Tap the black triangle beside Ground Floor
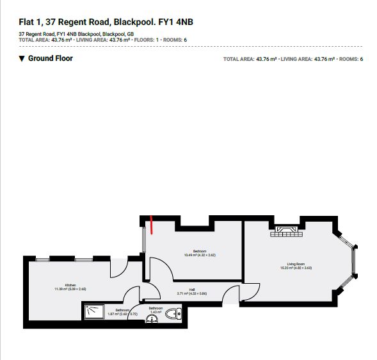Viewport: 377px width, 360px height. (x=22, y=59)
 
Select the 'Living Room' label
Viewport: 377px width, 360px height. (x=295, y=263)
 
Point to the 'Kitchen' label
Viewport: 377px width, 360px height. (x=70, y=285)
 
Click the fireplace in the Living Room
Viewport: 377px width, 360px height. (x=282, y=231)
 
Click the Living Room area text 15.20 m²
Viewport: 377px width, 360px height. (x=295, y=268)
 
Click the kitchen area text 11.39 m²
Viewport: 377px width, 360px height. (x=70, y=290)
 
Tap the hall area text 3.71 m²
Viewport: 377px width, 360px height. (x=191, y=293)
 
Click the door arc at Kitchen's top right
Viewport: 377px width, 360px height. (x=118, y=269)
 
